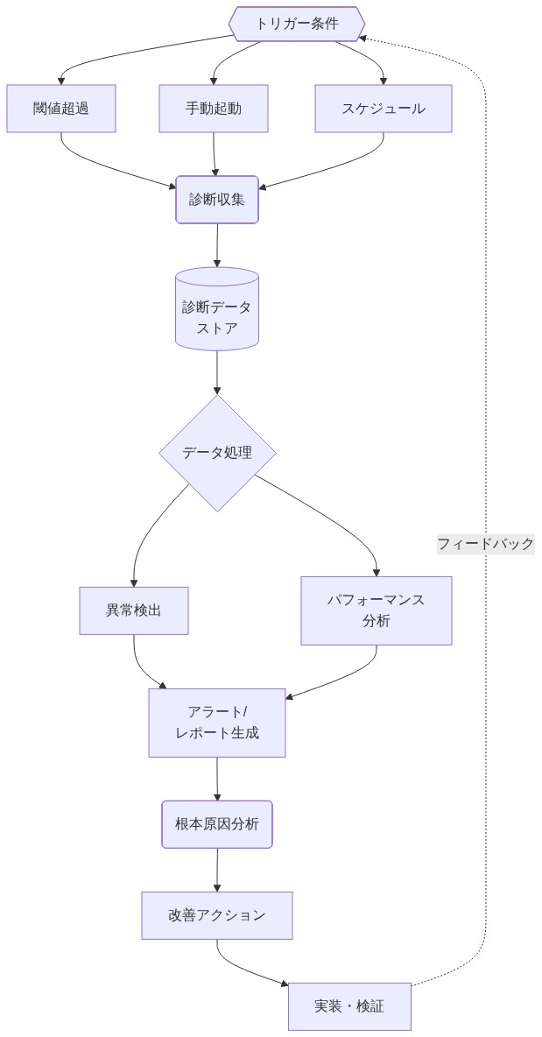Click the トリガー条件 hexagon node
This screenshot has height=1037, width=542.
297,24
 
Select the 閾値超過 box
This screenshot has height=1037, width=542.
61,109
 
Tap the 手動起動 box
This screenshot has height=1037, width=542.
214,109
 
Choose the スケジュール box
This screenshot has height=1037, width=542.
384,109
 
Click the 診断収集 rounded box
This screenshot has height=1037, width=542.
217,200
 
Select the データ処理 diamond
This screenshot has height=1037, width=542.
217,453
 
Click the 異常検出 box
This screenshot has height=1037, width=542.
134,610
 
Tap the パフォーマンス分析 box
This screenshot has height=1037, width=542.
377,610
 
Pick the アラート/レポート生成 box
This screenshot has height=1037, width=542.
217,723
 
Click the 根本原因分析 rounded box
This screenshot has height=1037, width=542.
217,824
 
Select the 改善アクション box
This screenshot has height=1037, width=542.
217,915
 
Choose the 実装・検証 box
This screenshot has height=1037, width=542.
349,1006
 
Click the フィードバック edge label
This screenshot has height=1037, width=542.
485,544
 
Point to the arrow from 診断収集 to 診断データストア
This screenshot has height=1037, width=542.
217,245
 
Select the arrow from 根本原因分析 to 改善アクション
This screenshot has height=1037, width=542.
217,870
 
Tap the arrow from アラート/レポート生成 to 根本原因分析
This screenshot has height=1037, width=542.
217,779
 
